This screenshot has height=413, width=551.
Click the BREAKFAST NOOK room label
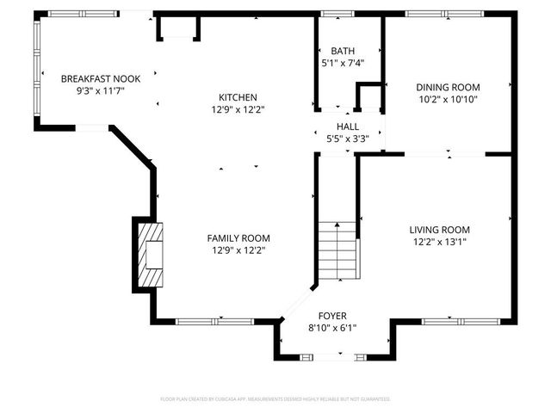[x=94, y=79]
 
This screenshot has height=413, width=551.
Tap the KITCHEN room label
[x=238, y=97]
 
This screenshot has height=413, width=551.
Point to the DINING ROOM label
[x=448, y=87]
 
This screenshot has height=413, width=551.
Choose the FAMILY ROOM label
[x=238, y=238]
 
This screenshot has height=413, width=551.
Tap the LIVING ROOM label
[x=439, y=230]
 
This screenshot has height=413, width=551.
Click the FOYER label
[x=332, y=316]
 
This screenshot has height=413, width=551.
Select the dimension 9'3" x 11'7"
[x=94, y=90]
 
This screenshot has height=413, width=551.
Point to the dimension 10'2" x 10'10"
[x=448, y=99]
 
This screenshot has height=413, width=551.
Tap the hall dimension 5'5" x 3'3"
[x=348, y=139]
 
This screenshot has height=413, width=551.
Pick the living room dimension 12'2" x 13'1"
[x=439, y=242]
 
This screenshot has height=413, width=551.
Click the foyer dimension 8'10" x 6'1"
[x=332, y=328]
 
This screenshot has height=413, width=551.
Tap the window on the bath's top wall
[x=331, y=14]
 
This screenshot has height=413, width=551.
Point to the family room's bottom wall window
[x=202, y=322]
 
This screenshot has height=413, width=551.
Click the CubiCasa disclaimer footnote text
[x=275, y=399]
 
